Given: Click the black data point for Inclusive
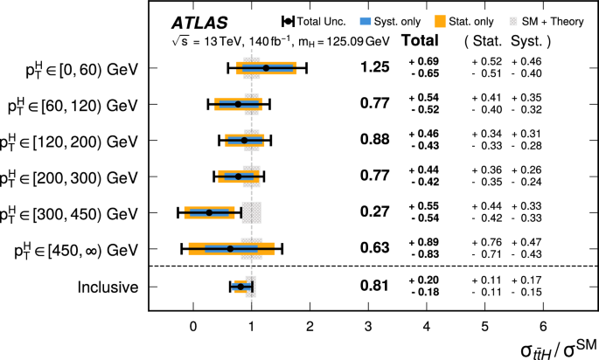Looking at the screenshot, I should click(x=240, y=286).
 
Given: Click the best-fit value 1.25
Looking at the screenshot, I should click(x=373, y=67).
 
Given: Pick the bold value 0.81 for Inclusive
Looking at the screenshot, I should click(x=373, y=286).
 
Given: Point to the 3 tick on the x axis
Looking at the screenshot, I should click(x=368, y=326).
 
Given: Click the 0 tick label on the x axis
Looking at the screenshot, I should click(x=193, y=326).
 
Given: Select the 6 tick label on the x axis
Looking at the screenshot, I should click(x=543, y=326).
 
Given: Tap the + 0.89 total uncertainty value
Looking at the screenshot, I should click(x=424, y=242).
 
